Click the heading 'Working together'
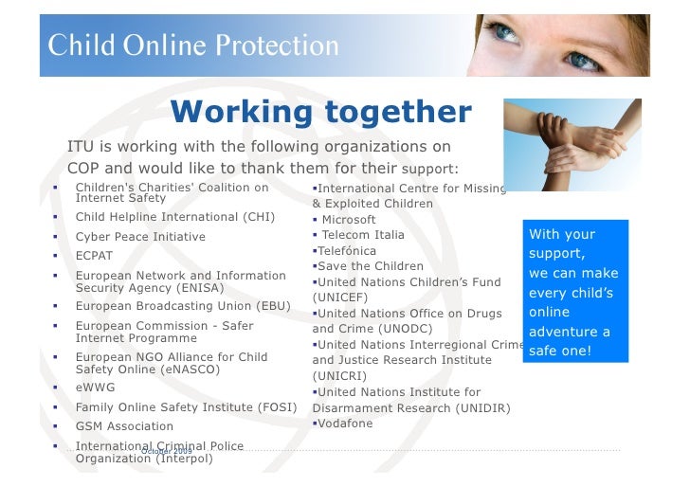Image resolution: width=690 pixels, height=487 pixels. pos(321,113)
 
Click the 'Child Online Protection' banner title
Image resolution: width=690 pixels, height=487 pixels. pos(194,45)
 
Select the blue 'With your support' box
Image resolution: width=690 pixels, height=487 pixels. pos(573,292)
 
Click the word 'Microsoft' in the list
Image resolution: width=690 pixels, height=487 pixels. pos(349,220)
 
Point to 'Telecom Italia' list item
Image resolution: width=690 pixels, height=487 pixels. pos(362,235)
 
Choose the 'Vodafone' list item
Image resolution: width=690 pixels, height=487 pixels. pos(345,424)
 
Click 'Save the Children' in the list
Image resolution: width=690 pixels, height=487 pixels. pos(371,266)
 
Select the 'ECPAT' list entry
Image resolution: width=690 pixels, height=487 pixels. pos(94,256)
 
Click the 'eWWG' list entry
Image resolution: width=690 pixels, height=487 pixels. pos(95,388)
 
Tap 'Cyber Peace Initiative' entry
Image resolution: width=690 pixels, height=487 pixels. pos(140,237)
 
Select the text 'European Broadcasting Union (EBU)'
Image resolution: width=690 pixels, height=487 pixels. pos(183,306)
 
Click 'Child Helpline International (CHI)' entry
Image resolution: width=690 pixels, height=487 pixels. pos(175,217)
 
